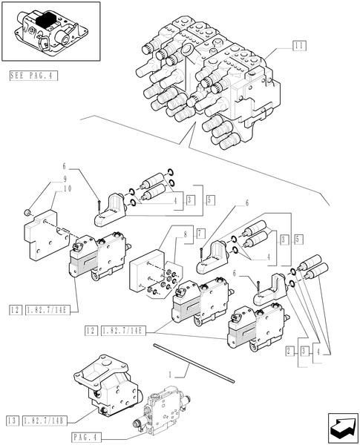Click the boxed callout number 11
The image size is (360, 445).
(299, 46)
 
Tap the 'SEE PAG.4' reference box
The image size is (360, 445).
(34, 76)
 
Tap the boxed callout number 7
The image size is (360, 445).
(200, 234)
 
